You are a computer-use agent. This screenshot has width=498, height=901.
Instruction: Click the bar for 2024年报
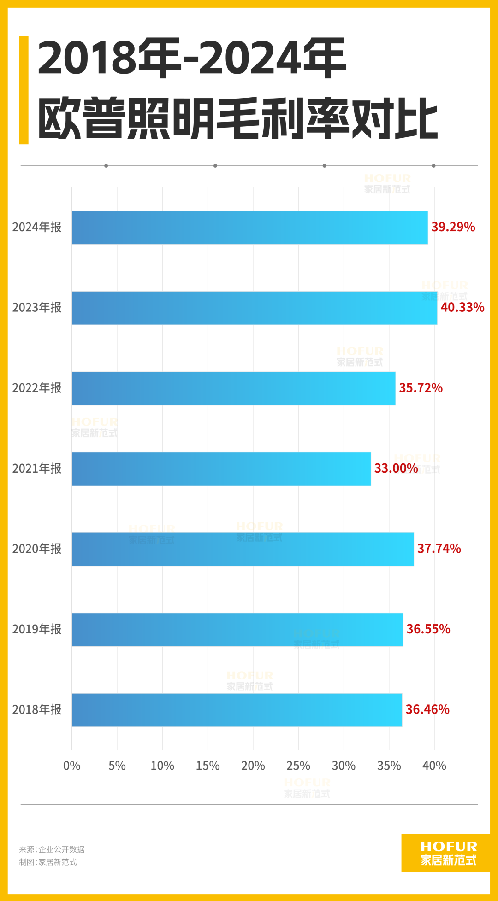(x=249, y=228)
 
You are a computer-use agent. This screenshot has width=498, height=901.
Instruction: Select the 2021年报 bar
(x=221, y=468)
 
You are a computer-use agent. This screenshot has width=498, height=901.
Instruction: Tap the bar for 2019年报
(x=237, y=629)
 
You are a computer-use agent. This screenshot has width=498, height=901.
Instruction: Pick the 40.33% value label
(x=462, y=307)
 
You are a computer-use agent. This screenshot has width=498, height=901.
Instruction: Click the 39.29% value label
(x=453, y=227)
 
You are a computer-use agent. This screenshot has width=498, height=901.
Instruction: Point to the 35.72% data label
(x=421, y=388)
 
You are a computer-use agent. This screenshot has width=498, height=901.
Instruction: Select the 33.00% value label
(x=396, y=468)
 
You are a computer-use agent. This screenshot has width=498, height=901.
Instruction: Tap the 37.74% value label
(x=439, y=549)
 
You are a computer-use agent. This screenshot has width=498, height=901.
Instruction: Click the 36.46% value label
(x=427, y=709)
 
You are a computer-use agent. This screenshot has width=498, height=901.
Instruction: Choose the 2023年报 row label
(x=37, y=307)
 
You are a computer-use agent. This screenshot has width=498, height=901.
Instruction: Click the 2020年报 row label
(x=37, y=549)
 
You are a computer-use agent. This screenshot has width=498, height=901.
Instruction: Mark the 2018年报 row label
(x=37, y=709)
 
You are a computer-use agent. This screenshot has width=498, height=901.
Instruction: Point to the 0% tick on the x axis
(x=71, y=766)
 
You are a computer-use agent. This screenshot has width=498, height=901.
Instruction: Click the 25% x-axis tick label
(x=298, y=766)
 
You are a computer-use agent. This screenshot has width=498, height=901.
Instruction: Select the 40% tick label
(x=434, y=766)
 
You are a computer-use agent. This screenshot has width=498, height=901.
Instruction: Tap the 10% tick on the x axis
(x=162, y=766)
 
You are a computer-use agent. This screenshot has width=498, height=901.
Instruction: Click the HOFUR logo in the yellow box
(x=448, y=853)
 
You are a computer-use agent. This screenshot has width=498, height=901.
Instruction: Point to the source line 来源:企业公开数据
(x=52, y=849)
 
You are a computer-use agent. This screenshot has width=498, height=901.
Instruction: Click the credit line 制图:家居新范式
(x=48, y=862)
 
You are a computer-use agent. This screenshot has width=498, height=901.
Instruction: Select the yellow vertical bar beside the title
(x=24, y=90)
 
